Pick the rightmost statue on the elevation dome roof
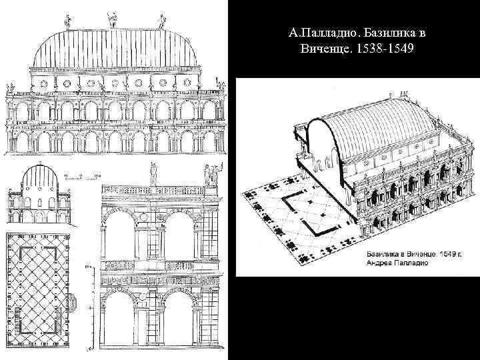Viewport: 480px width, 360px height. (161, 22)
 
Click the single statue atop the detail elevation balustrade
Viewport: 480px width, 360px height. (153, 174)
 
